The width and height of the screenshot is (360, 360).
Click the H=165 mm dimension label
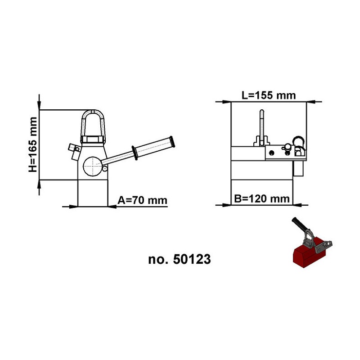pyautogui.click(x=32, y=144)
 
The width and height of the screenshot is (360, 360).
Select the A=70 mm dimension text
pyautogui.click(x=142, y=200)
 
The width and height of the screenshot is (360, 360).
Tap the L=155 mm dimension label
pyautogui.click(x=269, y=95)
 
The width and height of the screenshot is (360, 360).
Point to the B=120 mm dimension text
pyautogui.click(x=262, y=198)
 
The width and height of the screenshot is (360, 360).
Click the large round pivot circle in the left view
pyautogui.click(x=93, y=166)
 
